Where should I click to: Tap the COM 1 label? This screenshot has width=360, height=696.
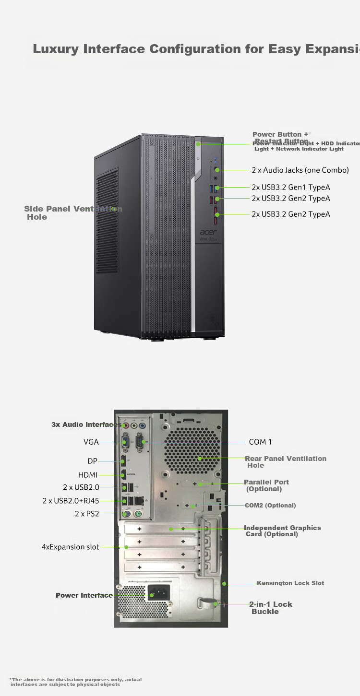tap(260, 442)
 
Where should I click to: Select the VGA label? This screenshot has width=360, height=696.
tap(91, 442)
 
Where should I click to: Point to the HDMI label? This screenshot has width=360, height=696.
tap(88, 475)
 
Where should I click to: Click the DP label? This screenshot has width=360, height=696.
tap(92, 461)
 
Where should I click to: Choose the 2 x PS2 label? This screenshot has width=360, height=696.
tap(87, 514)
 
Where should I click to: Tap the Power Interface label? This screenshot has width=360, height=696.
tap(84, 595)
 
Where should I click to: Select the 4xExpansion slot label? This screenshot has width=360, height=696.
tap(71, 547)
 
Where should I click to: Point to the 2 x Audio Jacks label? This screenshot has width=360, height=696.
tap(300, 170)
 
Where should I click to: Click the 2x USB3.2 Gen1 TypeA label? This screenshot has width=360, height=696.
tap(291, 187)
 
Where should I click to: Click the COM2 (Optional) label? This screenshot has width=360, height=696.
tap(270, 506)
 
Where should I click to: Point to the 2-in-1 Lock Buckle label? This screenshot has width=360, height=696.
tap(270, 608)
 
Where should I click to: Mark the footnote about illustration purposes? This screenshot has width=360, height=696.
tap(76, 682)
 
